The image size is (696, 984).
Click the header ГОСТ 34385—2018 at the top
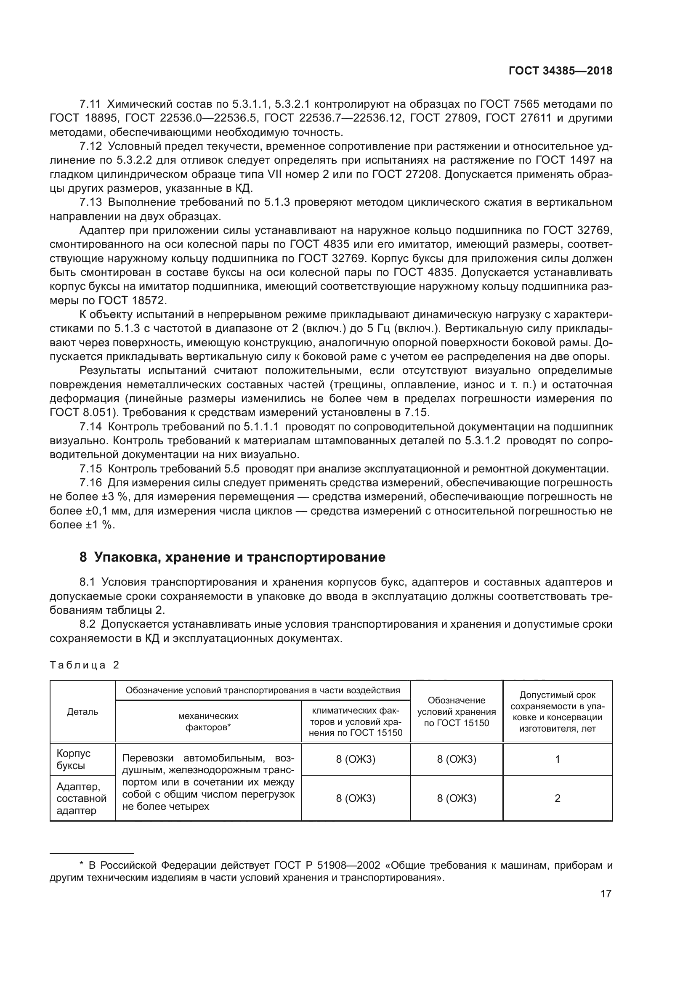[560, 71]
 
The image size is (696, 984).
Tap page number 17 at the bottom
[606, 894]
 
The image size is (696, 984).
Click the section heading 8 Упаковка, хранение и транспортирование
[232, 557]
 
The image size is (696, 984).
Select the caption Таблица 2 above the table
[85, 665]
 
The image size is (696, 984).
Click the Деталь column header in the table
[83, 712]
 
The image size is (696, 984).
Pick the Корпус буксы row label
[74, 759]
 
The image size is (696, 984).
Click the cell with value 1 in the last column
[557, 759]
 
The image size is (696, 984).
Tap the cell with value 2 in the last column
[557, 798]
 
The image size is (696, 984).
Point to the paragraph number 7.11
[90, 104]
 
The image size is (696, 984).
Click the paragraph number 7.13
[90, 202]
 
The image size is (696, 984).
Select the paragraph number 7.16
[90, 483]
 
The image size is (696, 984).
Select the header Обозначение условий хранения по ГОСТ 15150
[457, 712]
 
